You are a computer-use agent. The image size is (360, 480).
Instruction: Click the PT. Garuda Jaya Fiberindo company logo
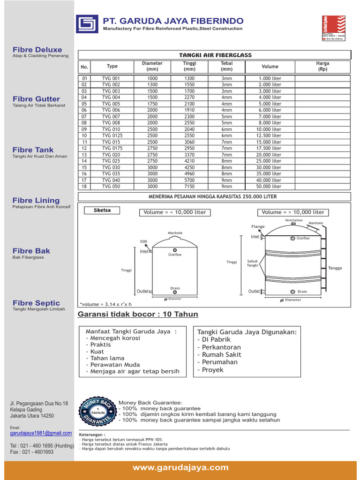click(87, 23)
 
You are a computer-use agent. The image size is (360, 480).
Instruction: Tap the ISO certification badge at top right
click(333, 28)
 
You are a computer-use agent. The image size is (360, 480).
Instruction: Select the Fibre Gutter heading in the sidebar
click(36, 99)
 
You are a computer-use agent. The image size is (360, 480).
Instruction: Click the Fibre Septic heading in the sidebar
click(36, 303)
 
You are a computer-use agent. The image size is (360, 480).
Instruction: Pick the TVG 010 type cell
click(111, 129)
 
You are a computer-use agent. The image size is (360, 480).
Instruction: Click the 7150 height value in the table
click(189, 186)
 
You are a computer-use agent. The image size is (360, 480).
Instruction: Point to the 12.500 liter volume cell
click(270, 135)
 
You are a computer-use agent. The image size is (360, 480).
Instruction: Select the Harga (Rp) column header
click(322, 66)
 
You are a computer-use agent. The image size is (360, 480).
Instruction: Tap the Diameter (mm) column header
click(152, 66)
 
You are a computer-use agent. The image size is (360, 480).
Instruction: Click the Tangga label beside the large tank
click(335, 268)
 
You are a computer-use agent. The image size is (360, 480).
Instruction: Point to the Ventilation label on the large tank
click(294, 220)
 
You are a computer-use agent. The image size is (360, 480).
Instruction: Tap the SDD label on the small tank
click(143, 241)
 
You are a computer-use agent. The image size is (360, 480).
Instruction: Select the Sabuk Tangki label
click(253, 263)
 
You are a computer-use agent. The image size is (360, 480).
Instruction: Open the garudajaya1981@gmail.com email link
click(41, 433)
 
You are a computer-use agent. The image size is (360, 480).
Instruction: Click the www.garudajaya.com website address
click(180, 467)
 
